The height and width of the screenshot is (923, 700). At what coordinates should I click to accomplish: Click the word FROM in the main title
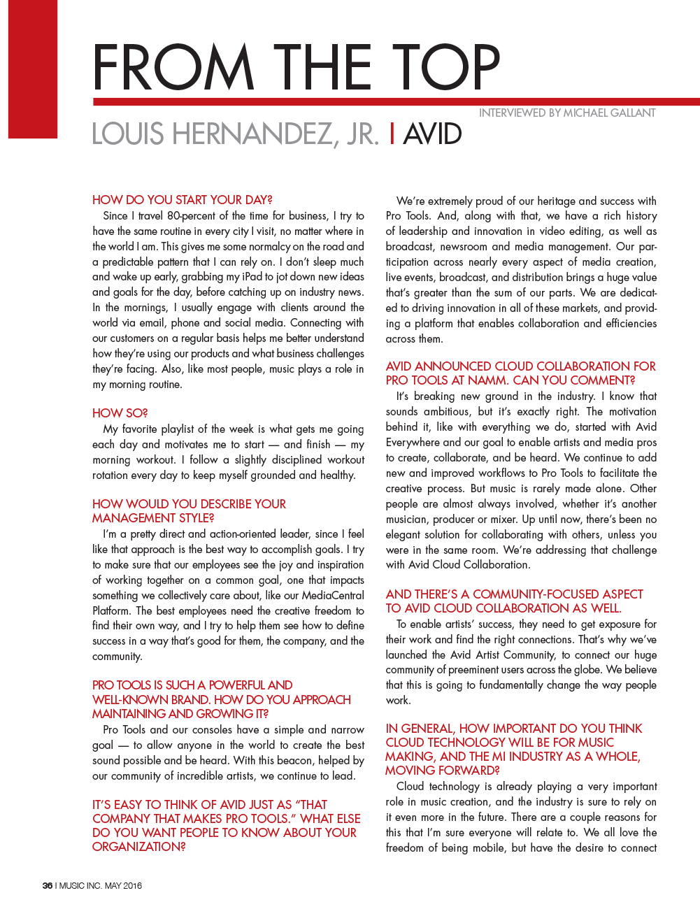tap(173, 67)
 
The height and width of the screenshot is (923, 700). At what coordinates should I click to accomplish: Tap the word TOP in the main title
tap(446, 67)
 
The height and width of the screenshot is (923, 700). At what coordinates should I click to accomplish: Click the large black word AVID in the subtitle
tap(433, 134)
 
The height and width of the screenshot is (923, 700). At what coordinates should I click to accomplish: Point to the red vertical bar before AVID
tap(392, 134)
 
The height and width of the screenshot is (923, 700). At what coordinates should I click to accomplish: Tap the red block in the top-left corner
tap(33, 69)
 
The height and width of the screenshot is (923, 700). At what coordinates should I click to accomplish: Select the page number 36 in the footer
tap(48, 885)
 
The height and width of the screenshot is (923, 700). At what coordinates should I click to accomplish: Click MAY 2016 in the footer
tap(123, 885)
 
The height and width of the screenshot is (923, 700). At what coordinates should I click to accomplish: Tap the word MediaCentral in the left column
tap(330, 596)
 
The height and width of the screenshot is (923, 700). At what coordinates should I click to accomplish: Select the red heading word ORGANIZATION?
tap(139, 846)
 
